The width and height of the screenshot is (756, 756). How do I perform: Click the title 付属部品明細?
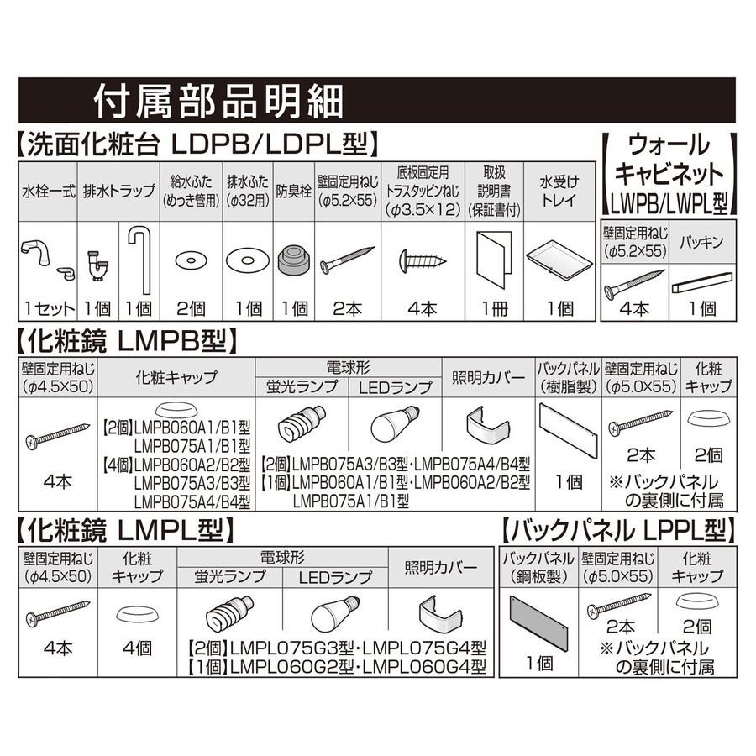(218, 102)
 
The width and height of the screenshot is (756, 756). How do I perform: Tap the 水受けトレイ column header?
(559, 191)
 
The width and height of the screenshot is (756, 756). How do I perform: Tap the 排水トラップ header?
(116, 191)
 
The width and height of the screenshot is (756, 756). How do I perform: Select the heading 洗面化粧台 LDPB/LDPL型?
(193, 144)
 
